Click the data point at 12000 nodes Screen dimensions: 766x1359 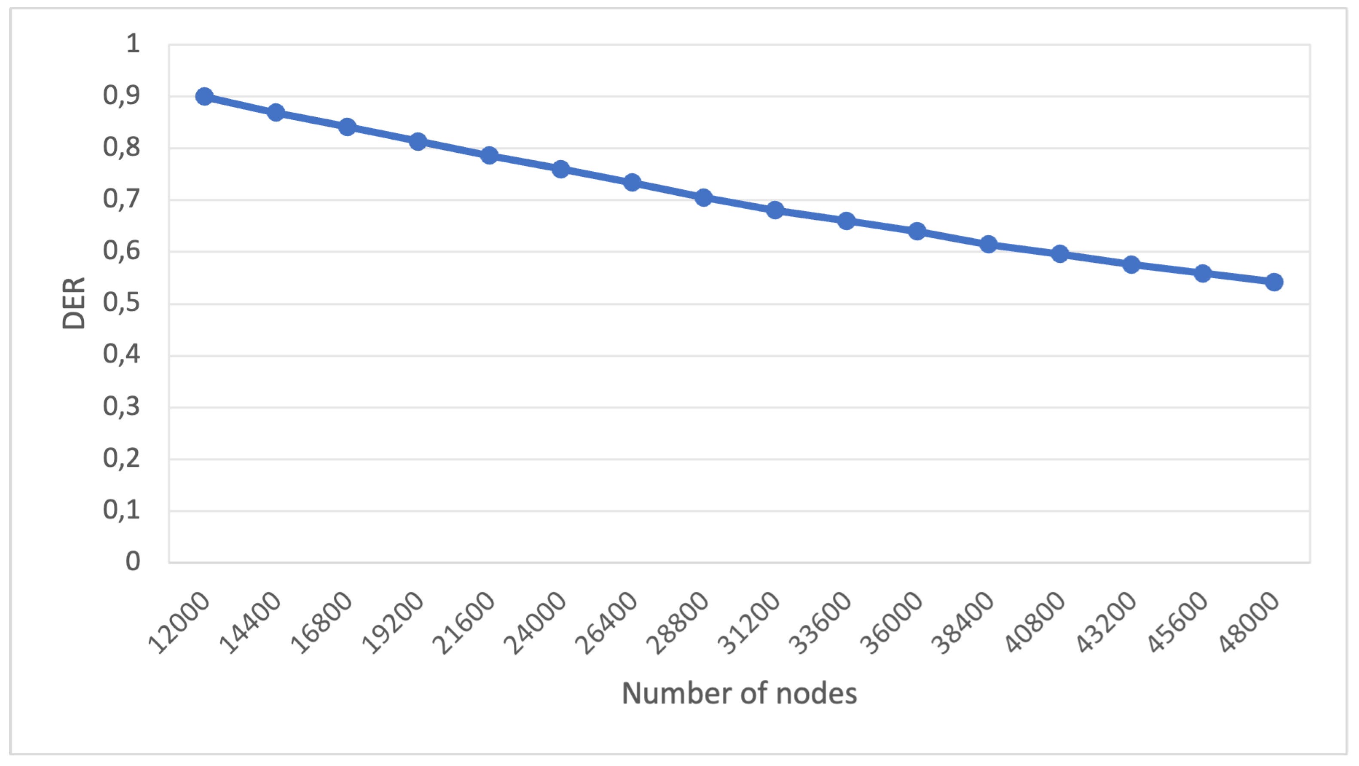click(204, 97)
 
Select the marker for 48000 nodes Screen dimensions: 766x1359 click(1274, 282)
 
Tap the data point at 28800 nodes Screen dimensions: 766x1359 click(703, 198)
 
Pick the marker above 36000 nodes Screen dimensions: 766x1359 click(917, 231)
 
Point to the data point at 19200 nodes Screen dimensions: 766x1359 click(418, 141)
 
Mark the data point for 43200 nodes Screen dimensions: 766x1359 click(1131, 264)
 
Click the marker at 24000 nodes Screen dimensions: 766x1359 click(561, 169)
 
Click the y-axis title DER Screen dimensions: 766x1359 click(74, 303)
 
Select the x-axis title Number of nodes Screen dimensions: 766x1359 click(739, 693)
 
